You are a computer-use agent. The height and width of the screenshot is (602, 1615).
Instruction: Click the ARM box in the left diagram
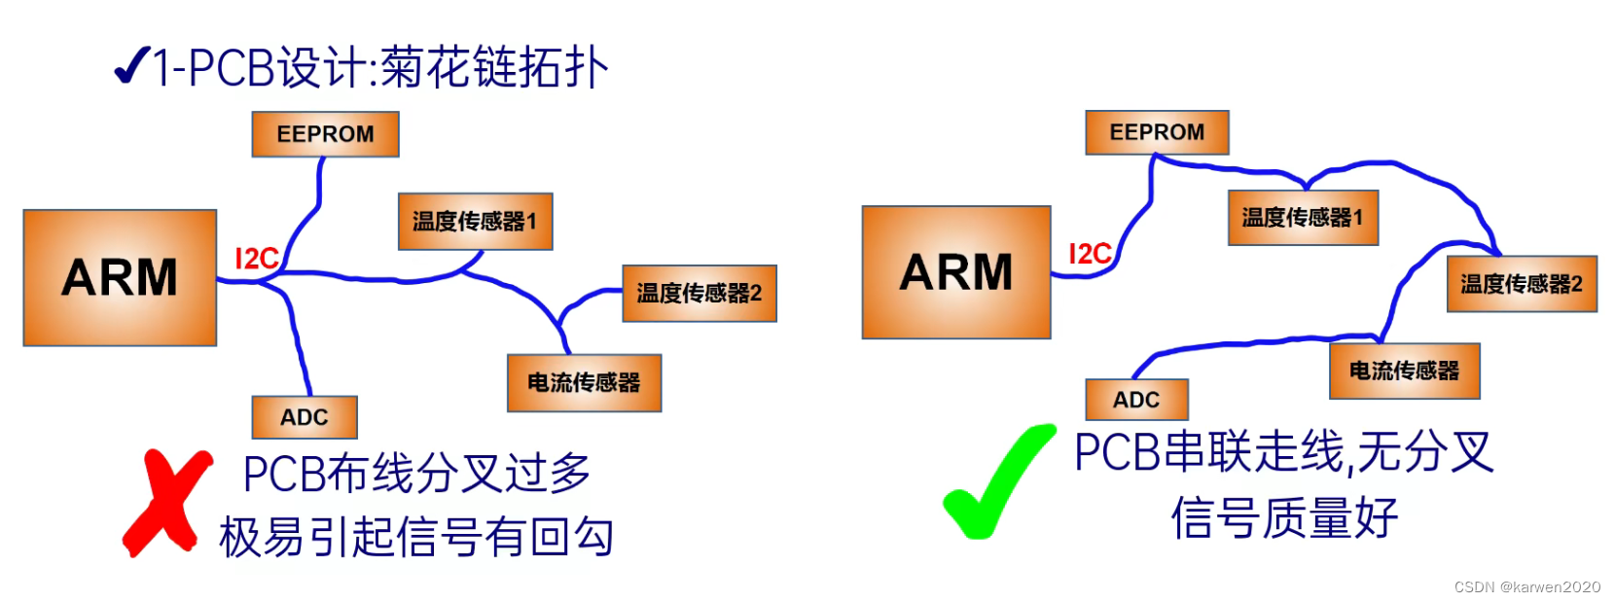click(x=120, y=277)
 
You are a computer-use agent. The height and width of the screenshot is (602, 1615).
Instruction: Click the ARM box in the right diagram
click(x=955, y=271)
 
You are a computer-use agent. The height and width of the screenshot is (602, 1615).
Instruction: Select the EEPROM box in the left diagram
click(x=325, y=134)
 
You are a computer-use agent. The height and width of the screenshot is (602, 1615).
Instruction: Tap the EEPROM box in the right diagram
click(x=1157, y=132)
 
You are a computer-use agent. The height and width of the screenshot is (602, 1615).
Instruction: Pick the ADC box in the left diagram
click(x=305, y=417)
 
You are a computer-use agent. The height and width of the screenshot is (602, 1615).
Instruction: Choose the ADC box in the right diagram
click(x=1136, y=400)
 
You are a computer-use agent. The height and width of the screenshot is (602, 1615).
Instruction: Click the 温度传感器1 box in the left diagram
click(x=475, y=222)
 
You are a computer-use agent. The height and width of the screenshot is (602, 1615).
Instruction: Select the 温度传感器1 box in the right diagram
click(x=1303, y=218)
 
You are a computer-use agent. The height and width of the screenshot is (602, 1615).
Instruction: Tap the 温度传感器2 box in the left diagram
click(x=699, y=293)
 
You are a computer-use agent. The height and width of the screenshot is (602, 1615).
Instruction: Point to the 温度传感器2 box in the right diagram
click(x=1522, y=284)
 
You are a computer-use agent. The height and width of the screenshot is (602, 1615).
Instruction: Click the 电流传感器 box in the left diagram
click(x=584, y=383)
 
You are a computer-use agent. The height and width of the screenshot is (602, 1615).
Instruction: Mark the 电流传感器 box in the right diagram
click(x=1404, y=371)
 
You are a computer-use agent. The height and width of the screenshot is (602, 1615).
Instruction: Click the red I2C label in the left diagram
click(x=257, y=259)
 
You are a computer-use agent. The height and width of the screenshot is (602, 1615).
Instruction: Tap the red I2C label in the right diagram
click(x=1090, y=254)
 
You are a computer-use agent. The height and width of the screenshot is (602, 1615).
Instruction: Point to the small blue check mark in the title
click(x=131, y=66)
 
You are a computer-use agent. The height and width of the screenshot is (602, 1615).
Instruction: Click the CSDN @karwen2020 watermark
click(x=1526, y=586)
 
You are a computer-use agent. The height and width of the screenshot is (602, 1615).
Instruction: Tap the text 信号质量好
click(x=1284, y=517)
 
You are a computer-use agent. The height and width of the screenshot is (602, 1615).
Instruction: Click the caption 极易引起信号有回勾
click(x=416, y=537)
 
